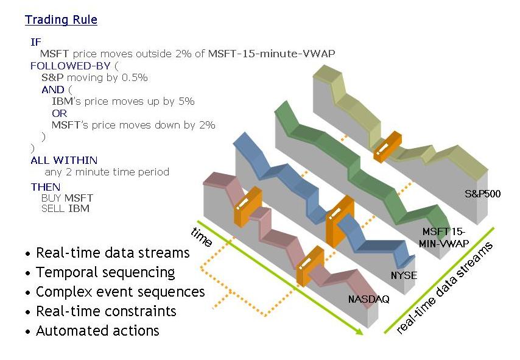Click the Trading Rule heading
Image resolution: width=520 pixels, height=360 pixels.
(x=61, y=20)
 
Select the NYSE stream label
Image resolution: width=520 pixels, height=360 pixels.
(x=404, y=275)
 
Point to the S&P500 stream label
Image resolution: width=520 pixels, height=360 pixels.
(x=482, y=195)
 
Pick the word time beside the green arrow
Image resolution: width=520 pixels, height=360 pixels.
(x=202, y=236)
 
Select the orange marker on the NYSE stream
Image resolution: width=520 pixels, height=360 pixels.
(x=339, y=221)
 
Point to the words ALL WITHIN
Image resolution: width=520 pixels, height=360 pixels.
(x=64, y=160)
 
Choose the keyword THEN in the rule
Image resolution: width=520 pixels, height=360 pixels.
(x=45, y=187)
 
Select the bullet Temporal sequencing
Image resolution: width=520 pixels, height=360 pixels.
(x=105, y=272)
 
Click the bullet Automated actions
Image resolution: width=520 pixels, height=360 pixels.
(x=97, y=331)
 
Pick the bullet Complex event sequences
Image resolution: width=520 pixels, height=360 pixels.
(x=120, y=292)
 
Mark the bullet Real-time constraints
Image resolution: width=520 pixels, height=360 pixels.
(x=106, y=311)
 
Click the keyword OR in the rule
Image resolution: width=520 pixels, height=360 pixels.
(x=59, y=113)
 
